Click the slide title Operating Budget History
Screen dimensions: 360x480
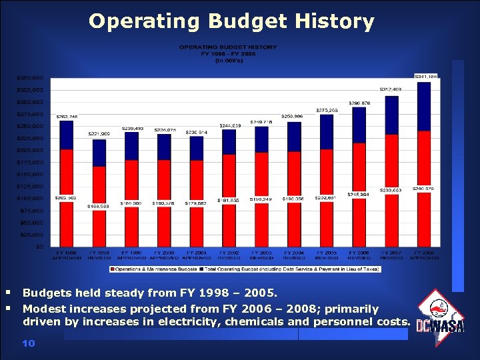[x=231, y=21]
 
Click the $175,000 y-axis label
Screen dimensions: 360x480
[x=30, y=162]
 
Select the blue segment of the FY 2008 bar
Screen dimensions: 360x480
[x=423, y=107]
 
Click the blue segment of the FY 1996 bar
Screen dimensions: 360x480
[x=66, y=135]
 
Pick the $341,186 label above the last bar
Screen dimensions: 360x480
[x=426, y=77]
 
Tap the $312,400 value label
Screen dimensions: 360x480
[x=391, y=89]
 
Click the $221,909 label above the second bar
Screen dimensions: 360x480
[x=99, y=134]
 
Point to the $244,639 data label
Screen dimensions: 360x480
[x=229, y=125]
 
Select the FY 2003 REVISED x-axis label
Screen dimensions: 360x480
[x=261, y=255]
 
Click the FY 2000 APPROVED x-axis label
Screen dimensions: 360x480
[x=164, y=255]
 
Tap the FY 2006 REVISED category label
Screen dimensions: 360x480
[x=359, y=255]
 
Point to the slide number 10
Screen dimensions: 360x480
[x=28, y=343]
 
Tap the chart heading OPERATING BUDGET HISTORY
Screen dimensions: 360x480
[x=227, y=47]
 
